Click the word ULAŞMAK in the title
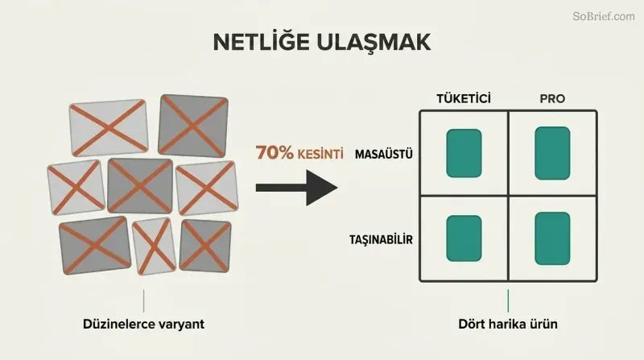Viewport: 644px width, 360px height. click(x=374, y=43)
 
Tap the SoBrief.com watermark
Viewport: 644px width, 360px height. click(x=604, y=16)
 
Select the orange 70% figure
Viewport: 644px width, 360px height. click(x=275, y=152)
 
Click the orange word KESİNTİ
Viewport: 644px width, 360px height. click(x=320, y=154)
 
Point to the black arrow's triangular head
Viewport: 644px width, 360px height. click(x=321, y=188)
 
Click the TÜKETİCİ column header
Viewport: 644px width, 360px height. click(x=464, y=98)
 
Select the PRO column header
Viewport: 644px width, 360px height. click(x=552, y=98)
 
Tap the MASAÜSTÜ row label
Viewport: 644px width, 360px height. click(x=384, y=154)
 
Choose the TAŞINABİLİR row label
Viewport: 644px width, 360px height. click(x=381, y=239)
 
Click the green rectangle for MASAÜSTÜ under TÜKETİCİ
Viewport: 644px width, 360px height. click(x=464, y=153)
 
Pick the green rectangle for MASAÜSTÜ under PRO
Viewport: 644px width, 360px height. click(x=552, y=153)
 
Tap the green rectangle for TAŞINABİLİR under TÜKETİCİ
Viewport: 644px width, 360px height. click(x=464, y=238)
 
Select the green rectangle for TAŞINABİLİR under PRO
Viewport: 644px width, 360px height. click(x=552, y=238)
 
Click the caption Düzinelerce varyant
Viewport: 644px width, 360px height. click(x=143, y=324)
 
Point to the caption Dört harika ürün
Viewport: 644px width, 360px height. click(x=508, y=324)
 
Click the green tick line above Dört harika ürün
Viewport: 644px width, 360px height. click(x=508, y=301)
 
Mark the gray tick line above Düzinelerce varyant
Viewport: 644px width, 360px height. click(x=144, y=301)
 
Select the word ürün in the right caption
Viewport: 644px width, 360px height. click(x=542, y=324)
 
